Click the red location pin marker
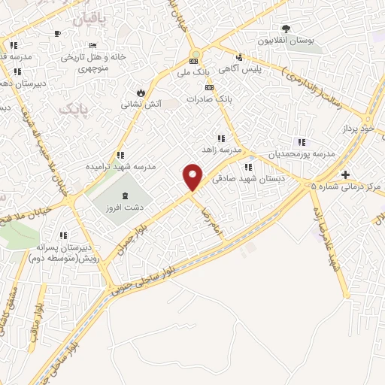[x=193, y=177]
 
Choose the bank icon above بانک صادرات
[x=220, y=88]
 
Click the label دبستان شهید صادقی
[x=241, y=179]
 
